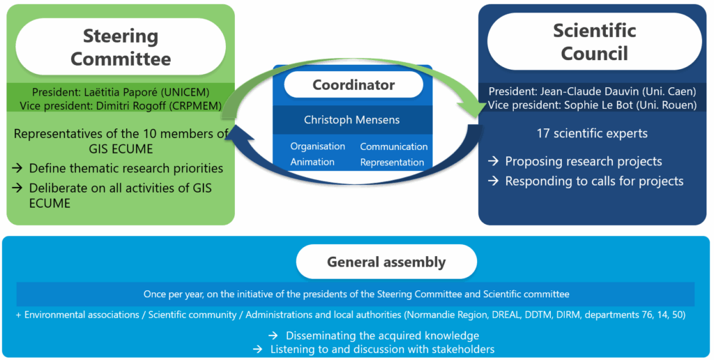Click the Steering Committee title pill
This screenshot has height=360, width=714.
click(x=121, y=47)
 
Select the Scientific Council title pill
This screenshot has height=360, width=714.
click(x=594, y=42)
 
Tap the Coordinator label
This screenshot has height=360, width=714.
click(x=354, y=84)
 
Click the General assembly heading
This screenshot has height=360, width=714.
click(x=386, y=262)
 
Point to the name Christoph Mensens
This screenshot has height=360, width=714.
click(x=351, y=120)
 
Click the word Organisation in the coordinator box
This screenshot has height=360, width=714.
click(x=317, y=147)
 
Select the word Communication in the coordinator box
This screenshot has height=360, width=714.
click(x=394, y=147)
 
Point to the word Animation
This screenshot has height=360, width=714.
click(x=312, y=163)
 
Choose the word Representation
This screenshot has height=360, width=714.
click(x=392, y=163)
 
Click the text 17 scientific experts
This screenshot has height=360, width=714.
click(x=592, y=133)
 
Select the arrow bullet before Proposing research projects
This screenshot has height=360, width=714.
click(x=493, y=161)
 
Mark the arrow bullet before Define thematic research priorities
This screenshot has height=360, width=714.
click(x=17, y=169)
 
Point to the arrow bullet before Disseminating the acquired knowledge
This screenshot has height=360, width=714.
click(x=273, y=336)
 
